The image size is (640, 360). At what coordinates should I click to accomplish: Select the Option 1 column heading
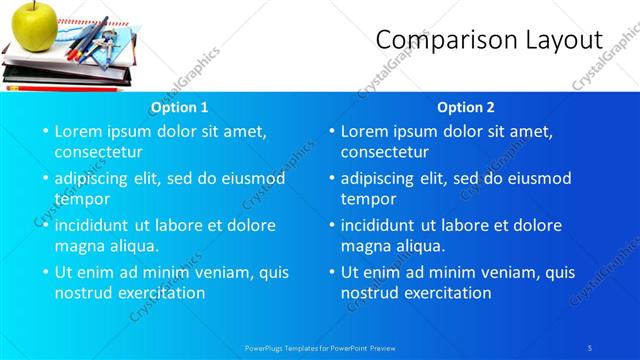(x=179, y=107)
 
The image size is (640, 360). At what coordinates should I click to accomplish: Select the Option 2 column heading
(x=466, y=107)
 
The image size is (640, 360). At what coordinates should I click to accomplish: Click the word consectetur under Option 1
(x=98, y=152)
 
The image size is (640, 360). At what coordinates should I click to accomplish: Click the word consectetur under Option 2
(x=385, y=152)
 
